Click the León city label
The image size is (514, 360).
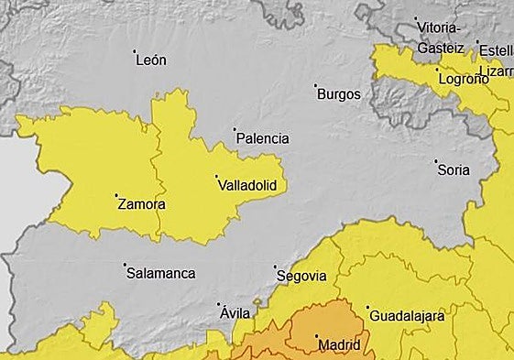tap(150, 61)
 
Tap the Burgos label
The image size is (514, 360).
tap(338, 94)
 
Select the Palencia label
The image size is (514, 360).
tap(262, 139)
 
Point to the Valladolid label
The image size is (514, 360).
tap(247, 186)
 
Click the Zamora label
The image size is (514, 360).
tap(142, 205)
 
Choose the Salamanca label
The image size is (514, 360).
tap(160, 273)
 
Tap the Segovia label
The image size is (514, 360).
tap(301, 276)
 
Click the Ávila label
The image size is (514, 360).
tap(235, 313)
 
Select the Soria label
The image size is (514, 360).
tap(454, 170)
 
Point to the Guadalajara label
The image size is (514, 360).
tap(407, 317)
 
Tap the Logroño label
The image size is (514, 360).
tap(464, 80)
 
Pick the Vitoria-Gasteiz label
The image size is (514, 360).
tap(442, 38)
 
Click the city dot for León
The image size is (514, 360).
tap(135, 51)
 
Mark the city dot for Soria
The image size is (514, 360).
tap(436, 161)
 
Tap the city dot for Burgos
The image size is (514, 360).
tap(316, 85)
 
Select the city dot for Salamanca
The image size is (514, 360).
tap(125, 265)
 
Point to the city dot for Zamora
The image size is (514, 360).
tap(116, 195)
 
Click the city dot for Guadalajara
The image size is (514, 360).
tap(367, 308)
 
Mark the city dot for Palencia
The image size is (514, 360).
tap(235, 130)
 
